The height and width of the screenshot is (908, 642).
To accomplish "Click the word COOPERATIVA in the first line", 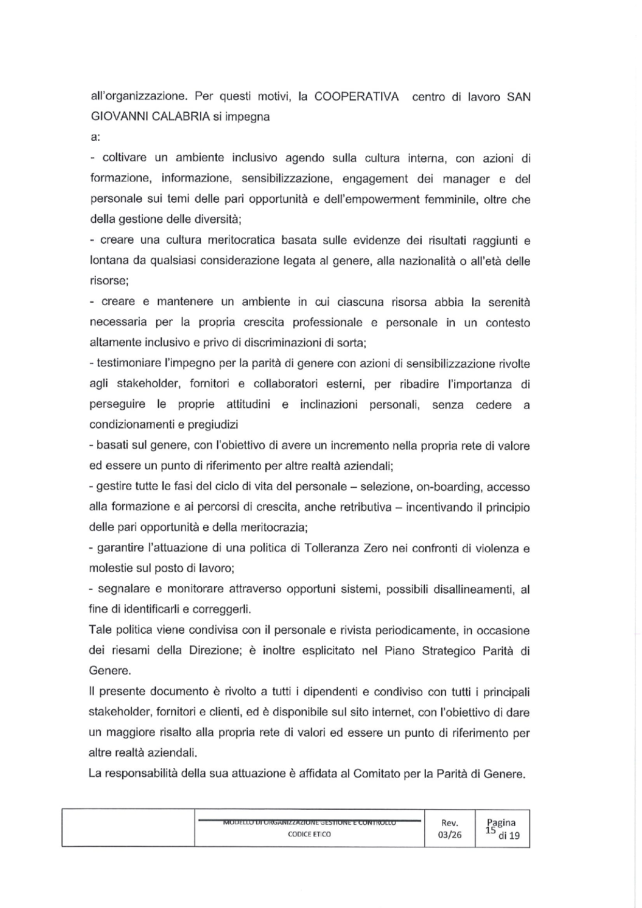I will (x=356, y=97).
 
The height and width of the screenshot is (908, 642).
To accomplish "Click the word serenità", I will (x=509, y=302).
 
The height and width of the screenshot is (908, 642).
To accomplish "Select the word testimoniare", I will (x=127, y=364).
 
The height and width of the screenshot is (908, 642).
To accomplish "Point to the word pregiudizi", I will (x=213, y=425).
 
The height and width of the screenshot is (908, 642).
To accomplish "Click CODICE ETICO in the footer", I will (x=309, y=835).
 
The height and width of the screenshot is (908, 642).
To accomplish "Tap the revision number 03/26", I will (x=449, y=835).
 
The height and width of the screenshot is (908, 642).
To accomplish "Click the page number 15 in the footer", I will (x=490, y=830).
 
